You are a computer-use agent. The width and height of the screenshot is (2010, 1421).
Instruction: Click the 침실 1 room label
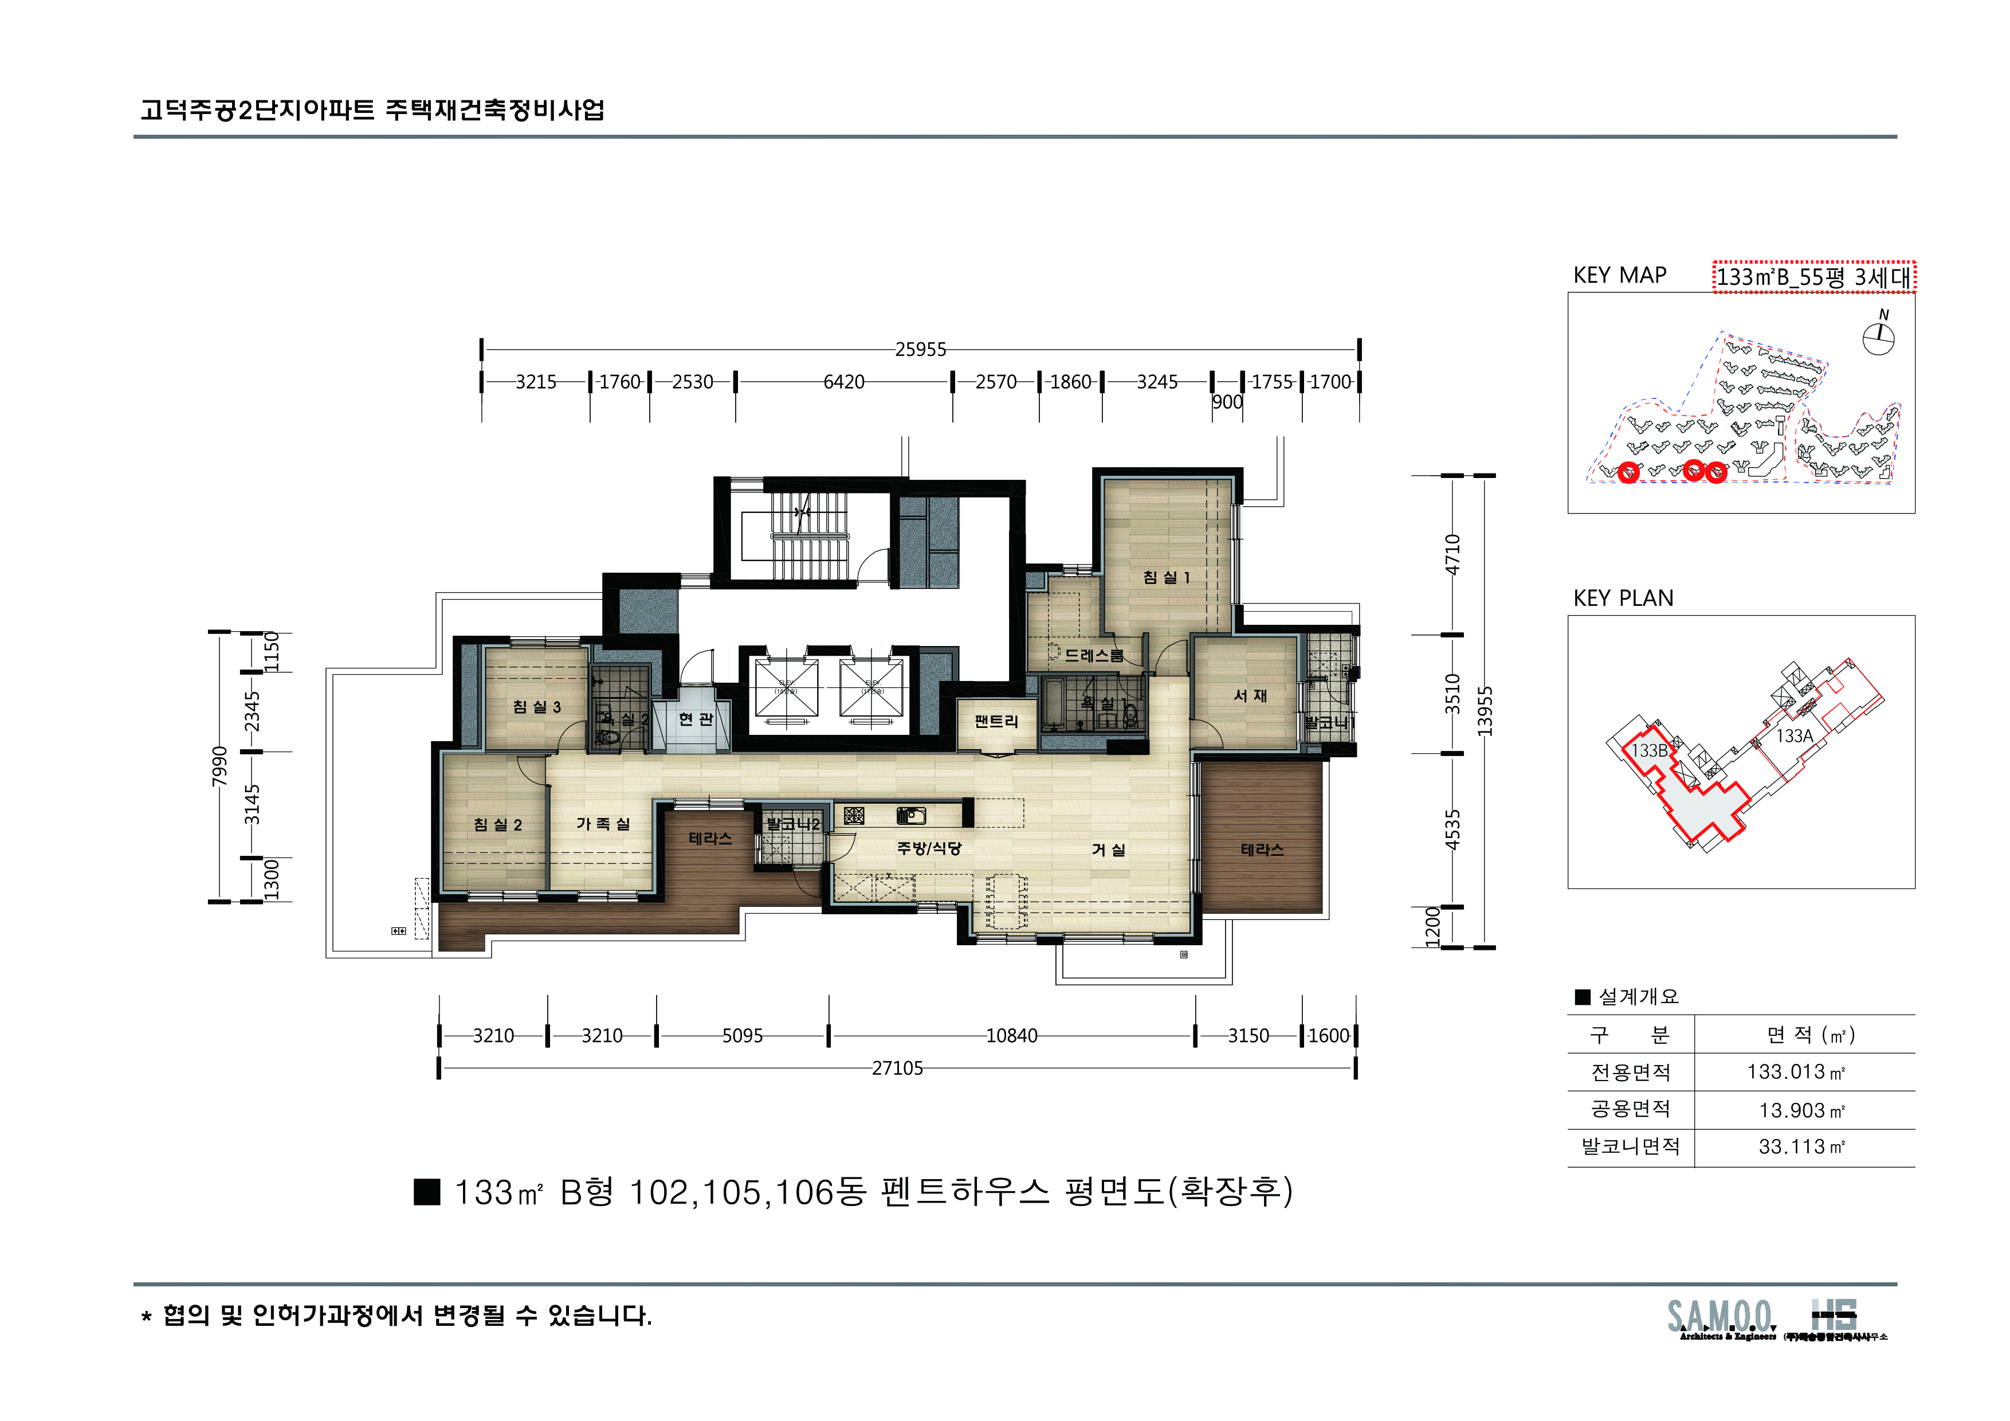point(1166,577)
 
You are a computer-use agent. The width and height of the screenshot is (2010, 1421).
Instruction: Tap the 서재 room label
point(1250,695)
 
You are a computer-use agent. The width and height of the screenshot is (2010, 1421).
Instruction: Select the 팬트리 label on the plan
point(996,722)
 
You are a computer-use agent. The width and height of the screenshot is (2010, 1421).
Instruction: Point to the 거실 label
point(1108,850)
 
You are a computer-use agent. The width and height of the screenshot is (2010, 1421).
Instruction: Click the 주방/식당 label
point(929,848)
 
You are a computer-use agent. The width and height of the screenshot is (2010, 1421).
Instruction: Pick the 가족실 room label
point(602,824)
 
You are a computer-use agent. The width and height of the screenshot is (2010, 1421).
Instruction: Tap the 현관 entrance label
point(696,719)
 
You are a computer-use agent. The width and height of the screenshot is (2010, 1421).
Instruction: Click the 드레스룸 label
point(1093,655)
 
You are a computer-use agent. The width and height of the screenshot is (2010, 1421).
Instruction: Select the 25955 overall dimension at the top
point(920,349)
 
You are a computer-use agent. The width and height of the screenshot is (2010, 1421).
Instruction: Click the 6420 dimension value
point(844,382)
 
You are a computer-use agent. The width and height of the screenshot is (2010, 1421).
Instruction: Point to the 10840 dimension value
point(1011,1036)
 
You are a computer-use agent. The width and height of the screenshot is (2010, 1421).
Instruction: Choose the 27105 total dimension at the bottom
point(897,1068)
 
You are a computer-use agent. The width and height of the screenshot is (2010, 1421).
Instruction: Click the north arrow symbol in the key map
point(1878,337)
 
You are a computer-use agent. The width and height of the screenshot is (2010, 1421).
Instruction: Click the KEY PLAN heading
point(1623,598)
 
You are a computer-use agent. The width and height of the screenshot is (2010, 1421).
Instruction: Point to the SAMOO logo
point(1720,1318)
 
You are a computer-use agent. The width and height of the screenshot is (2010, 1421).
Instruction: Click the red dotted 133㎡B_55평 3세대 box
point(1814,277)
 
